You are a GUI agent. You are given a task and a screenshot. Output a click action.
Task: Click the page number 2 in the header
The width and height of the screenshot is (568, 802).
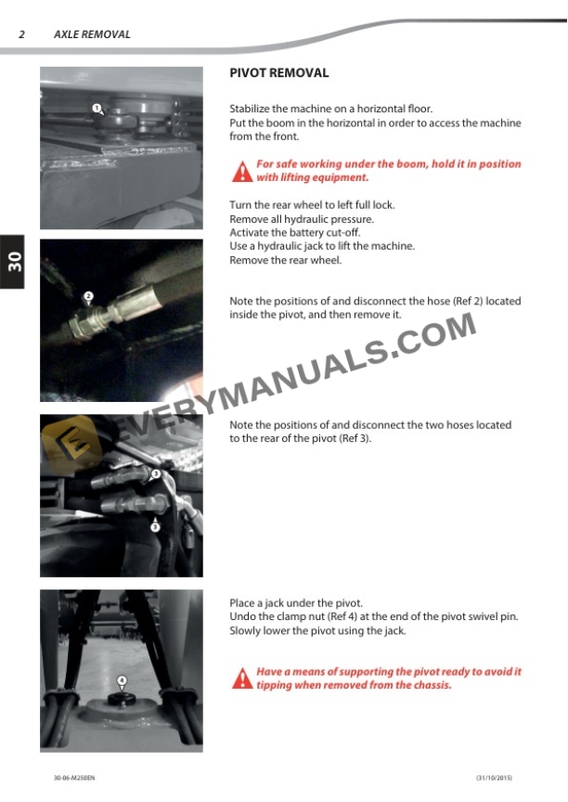click(21, 34)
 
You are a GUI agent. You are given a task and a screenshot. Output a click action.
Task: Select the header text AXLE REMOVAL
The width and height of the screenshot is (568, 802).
click(92, 34)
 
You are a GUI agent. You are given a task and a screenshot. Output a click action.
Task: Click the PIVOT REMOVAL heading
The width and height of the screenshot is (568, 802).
click(278, 72)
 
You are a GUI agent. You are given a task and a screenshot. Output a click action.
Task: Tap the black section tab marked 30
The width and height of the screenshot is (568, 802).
click(13, 262)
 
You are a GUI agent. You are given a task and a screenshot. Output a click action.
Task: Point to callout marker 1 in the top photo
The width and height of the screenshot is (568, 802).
click(97, 109)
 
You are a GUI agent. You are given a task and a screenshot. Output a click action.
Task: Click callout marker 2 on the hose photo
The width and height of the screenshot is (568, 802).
click(88, 296)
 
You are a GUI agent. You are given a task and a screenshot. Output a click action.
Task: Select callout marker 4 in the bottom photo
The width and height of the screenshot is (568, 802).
click(122, 680)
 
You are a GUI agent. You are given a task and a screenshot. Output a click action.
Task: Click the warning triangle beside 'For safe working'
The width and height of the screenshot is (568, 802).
click(242, 171)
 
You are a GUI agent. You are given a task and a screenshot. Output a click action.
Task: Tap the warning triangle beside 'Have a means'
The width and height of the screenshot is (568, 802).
click(242, 679)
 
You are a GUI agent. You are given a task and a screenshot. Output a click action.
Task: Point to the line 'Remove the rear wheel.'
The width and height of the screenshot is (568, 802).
click(285, 261)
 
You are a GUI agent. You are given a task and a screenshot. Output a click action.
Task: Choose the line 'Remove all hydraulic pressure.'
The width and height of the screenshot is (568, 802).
click(302, 219)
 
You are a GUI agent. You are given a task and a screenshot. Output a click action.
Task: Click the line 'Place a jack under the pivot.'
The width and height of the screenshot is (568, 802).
click(296, 603)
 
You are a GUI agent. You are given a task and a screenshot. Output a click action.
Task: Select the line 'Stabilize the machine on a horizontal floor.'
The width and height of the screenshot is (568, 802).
click(330, 109)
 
